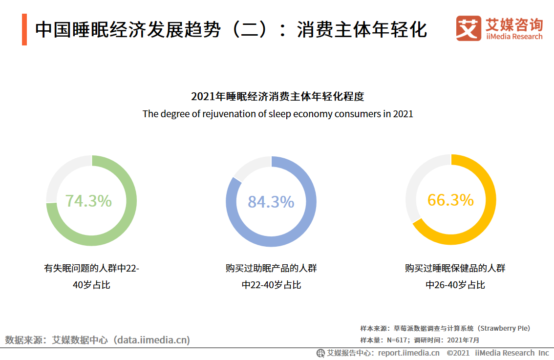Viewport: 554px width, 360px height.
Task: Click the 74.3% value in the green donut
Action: point(88,201)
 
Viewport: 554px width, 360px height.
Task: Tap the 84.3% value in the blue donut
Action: point(271,202)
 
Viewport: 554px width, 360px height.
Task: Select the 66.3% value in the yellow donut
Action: point(450,200)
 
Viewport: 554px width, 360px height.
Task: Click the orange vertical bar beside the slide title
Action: point(24,30)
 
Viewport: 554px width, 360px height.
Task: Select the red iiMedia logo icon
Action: point(468,28)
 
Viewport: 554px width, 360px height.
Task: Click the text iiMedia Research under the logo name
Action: point(514,37)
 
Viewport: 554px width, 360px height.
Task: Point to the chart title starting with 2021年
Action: point(277,96)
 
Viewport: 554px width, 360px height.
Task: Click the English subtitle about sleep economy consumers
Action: point(277,114)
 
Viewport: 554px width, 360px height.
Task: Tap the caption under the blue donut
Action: point(271,276)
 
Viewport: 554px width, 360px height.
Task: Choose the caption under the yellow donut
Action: point(455,276)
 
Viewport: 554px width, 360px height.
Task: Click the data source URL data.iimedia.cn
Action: point(151,340)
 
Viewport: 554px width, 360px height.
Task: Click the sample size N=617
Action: point(397,340)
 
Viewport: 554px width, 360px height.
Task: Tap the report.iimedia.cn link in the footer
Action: point(408,353)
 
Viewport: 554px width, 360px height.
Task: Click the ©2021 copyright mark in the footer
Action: point(458,353)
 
